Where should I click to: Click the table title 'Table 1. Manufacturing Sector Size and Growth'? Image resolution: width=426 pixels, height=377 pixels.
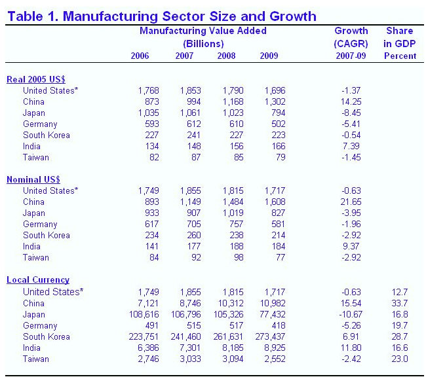162,16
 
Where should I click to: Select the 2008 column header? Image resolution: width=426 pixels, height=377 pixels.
227,56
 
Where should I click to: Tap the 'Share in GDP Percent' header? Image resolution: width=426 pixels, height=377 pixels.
400,43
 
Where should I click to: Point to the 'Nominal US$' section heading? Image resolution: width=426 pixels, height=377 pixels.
34,179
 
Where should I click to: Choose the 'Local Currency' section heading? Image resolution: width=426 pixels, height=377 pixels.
38,280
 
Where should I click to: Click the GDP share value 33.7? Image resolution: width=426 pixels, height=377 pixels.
400,303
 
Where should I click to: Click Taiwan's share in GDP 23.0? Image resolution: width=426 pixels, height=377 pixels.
400,359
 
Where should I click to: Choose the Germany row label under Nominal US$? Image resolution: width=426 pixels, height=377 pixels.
41,224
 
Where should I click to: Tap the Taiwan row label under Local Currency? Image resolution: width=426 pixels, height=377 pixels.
36,359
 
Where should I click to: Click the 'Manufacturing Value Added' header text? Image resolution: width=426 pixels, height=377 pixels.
203,31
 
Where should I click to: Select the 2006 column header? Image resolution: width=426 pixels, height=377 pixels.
140,56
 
